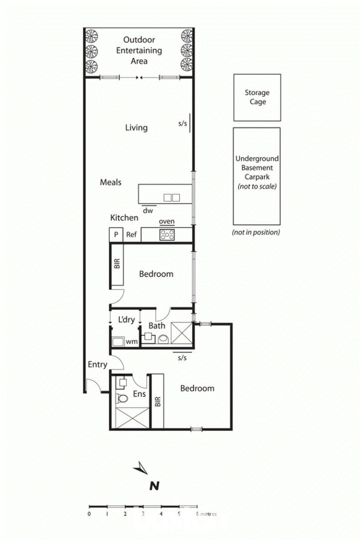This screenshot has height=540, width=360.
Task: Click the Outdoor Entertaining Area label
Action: point(139,50)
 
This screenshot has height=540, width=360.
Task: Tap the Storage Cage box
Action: point(257,98)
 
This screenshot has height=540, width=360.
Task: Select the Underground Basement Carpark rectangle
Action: point(257,176)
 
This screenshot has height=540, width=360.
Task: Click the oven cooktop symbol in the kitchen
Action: point(167,235)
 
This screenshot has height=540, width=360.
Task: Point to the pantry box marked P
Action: point(116,234)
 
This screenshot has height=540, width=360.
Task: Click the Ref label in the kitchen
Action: point(131,234)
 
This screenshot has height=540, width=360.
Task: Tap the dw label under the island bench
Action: point(148,211)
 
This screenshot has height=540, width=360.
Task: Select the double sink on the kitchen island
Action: point(172,198)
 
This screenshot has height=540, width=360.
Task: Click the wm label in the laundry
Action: point(132,342)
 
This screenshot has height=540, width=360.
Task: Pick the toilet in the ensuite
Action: point(122,399)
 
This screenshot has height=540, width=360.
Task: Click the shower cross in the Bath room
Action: point(182,333)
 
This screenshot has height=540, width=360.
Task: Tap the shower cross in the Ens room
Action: point(132,418)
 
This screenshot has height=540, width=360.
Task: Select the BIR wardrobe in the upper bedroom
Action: point(117,264)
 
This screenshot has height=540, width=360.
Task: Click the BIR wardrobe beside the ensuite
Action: point(158,401)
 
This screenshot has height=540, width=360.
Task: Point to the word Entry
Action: point(98,364)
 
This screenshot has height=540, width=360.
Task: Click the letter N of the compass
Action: point(154,486)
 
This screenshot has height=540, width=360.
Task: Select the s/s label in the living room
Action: point(183,124)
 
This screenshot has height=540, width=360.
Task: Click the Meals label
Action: point(111,182)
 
